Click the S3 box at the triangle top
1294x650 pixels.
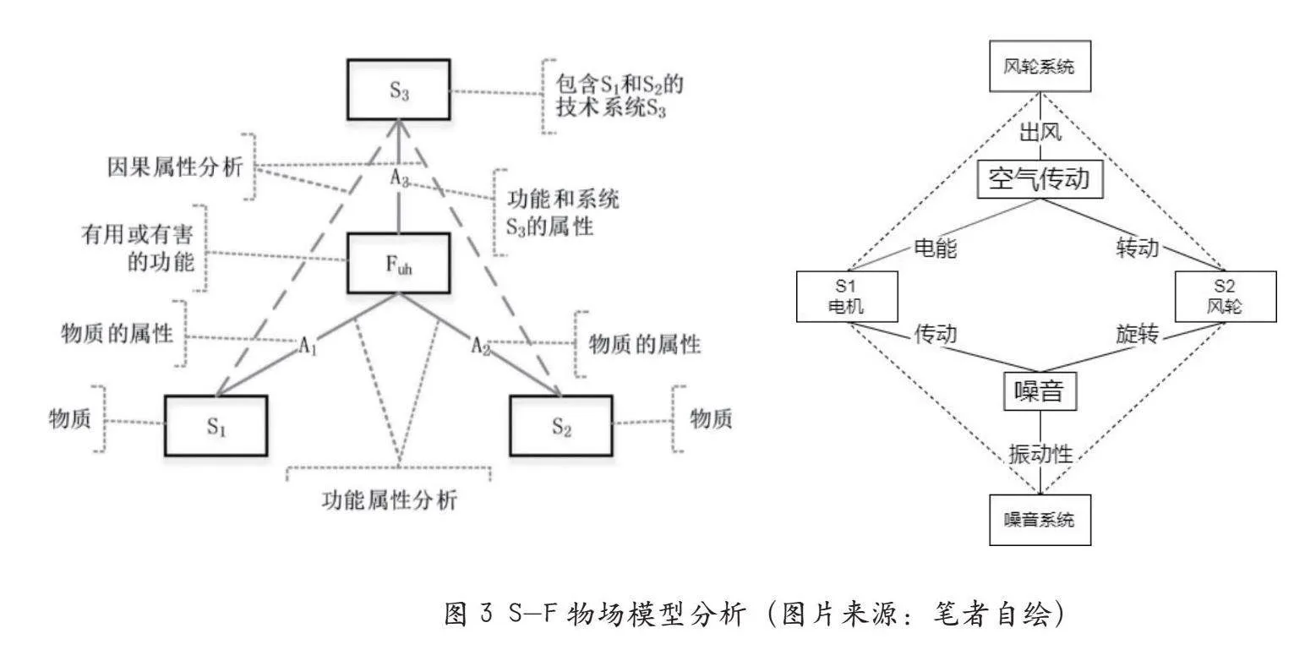[399, 90]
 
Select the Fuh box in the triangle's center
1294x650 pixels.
[399, 264]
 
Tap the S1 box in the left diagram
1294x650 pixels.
[216, 426]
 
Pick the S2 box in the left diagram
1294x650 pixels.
[561, 426]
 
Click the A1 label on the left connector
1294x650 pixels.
[308, 346]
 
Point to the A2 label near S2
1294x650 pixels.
[481, 346]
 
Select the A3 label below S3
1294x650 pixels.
[400, 178]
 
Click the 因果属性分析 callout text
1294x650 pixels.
[175, 167]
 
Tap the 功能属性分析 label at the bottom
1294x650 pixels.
[390, 500]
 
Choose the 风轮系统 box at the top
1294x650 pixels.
[1040, 66]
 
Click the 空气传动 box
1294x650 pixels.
[1040, 179]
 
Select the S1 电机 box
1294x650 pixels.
[847, 297]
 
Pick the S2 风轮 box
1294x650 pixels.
[1226, 297]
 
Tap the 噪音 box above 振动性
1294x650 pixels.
[1040, 391]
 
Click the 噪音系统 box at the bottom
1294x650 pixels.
[1040, 520]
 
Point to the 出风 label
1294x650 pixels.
[1040, 133]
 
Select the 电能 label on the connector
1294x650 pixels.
[936, 249]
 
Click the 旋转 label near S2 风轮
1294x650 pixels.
[1138, 334]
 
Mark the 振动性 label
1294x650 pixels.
[1040, 454]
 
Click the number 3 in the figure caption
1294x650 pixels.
[486, 613]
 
